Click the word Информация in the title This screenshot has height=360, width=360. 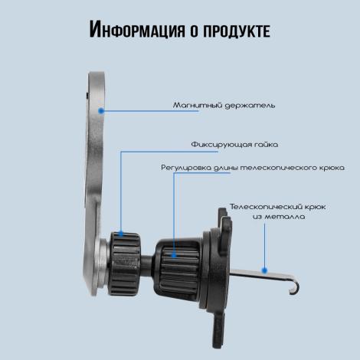136,29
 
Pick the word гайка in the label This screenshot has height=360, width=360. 266,145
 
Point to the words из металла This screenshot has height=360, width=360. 279,217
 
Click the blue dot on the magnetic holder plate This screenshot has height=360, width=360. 101,111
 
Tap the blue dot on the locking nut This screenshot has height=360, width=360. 121,234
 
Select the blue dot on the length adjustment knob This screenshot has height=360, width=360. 174,255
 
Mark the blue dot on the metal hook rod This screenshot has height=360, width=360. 264,270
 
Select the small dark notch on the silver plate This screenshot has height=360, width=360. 87,96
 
